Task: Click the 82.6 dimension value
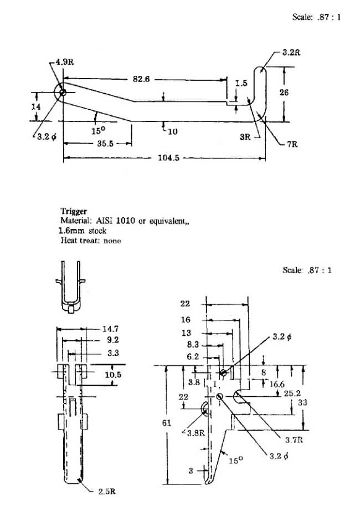140,79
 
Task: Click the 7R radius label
292,144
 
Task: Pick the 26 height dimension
284,93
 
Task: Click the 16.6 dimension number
279,384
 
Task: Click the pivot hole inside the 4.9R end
63,93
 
